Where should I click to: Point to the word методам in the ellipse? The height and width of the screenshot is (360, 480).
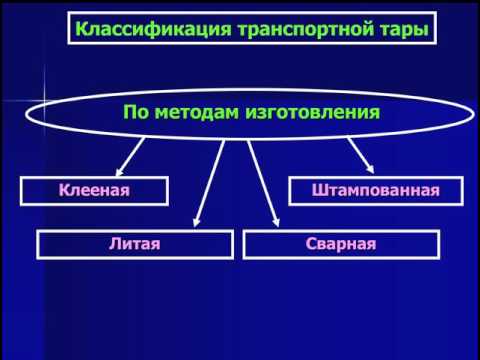pyautogui.click(x=200, y=111)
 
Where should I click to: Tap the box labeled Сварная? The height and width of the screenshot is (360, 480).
pyautogui.click(x=340, y=243)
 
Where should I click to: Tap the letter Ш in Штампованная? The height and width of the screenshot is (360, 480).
pyautogui.click(x=318, y=190)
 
